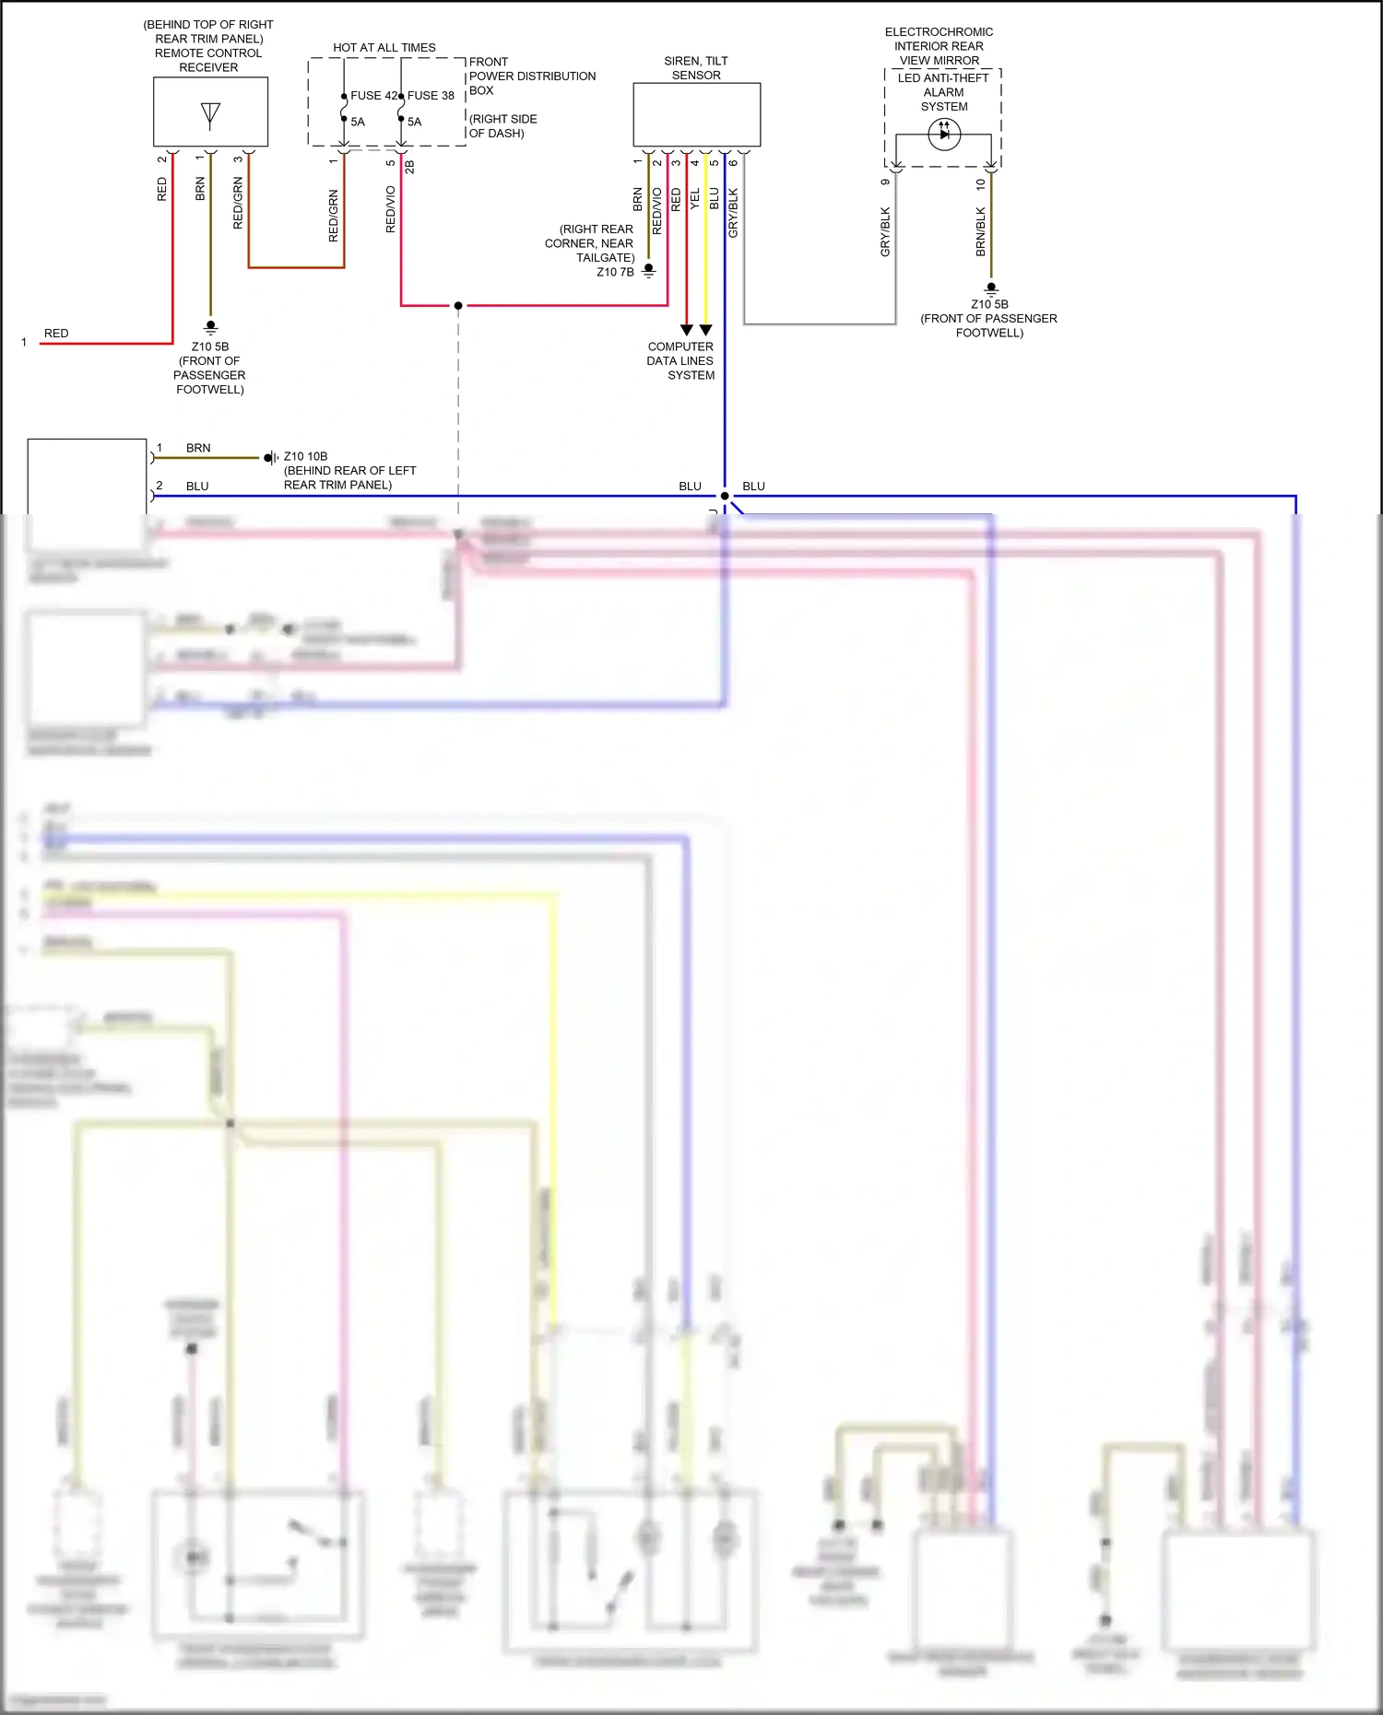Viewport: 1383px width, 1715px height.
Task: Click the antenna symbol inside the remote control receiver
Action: click(210, 114)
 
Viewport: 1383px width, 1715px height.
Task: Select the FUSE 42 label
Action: click(372, 96)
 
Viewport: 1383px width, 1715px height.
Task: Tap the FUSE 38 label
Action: click(431, 96)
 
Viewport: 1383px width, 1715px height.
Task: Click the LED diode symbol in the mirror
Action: click(944, 134)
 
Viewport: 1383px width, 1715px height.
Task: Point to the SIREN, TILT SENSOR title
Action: click(696, 68)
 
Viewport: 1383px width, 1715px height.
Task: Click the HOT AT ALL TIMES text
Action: click(384, 48)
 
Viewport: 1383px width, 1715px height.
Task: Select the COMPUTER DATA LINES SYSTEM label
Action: click(680, 361)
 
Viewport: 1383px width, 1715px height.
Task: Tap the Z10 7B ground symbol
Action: click(649, 271)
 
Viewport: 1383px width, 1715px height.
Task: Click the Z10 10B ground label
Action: click(305, 456)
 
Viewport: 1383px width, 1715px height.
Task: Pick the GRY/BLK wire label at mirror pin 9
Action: click(885, 231)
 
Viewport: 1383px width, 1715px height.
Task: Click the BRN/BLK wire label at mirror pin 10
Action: click(980, 231)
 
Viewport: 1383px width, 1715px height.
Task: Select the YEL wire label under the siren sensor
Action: click(695, 198)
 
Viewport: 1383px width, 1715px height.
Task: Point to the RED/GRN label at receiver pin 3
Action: click(238, 204)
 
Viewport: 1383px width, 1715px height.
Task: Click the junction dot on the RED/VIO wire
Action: click(458, 305)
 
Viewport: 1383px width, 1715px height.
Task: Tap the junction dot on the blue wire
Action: click(725, 496)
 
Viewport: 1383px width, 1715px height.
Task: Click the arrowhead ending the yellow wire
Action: click(706, 330)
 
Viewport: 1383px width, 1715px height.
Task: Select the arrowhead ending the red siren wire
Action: click(687, 330)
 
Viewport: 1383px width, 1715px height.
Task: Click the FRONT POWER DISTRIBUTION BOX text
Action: click(532, 76)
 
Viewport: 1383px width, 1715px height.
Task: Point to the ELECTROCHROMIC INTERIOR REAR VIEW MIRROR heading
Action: click(939, 46)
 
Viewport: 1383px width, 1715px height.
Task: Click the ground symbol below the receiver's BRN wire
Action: click(210, 327)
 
